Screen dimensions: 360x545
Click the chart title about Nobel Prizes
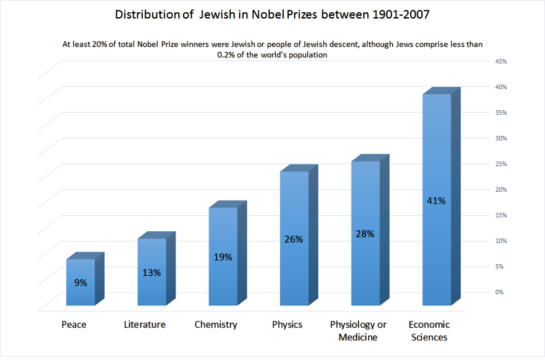click(272, 15)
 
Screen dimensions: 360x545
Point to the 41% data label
click(436, 201)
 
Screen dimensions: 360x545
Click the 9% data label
click(80, 283)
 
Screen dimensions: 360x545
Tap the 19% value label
click(223, 257)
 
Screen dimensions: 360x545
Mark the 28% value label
click(365, 233)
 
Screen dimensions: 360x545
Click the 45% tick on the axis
click(500, 61)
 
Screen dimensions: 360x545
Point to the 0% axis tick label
click(500, 292)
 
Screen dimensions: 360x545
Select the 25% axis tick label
click(500, 164)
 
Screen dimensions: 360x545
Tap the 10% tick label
click(500, 241)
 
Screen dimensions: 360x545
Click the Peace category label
click(74, 324)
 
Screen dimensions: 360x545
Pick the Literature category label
click(144, 324)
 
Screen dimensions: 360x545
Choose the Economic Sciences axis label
click(429, 330)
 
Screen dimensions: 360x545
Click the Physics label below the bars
click(287, 324)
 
